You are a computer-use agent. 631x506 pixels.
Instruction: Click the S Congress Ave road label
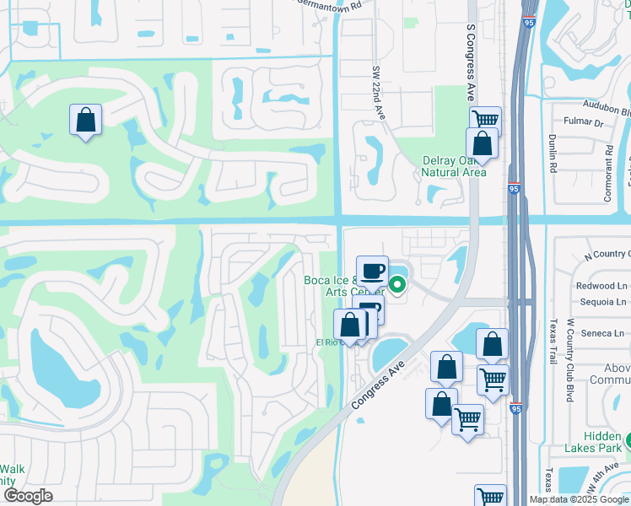(472, 63)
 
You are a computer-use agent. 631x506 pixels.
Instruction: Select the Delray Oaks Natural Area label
(455, 166)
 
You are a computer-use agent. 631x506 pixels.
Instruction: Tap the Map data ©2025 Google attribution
(579, 499)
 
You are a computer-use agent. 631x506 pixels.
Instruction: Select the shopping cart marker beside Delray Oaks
(486, 119)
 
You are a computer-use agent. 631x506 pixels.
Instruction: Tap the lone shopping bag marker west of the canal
(85, 120)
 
